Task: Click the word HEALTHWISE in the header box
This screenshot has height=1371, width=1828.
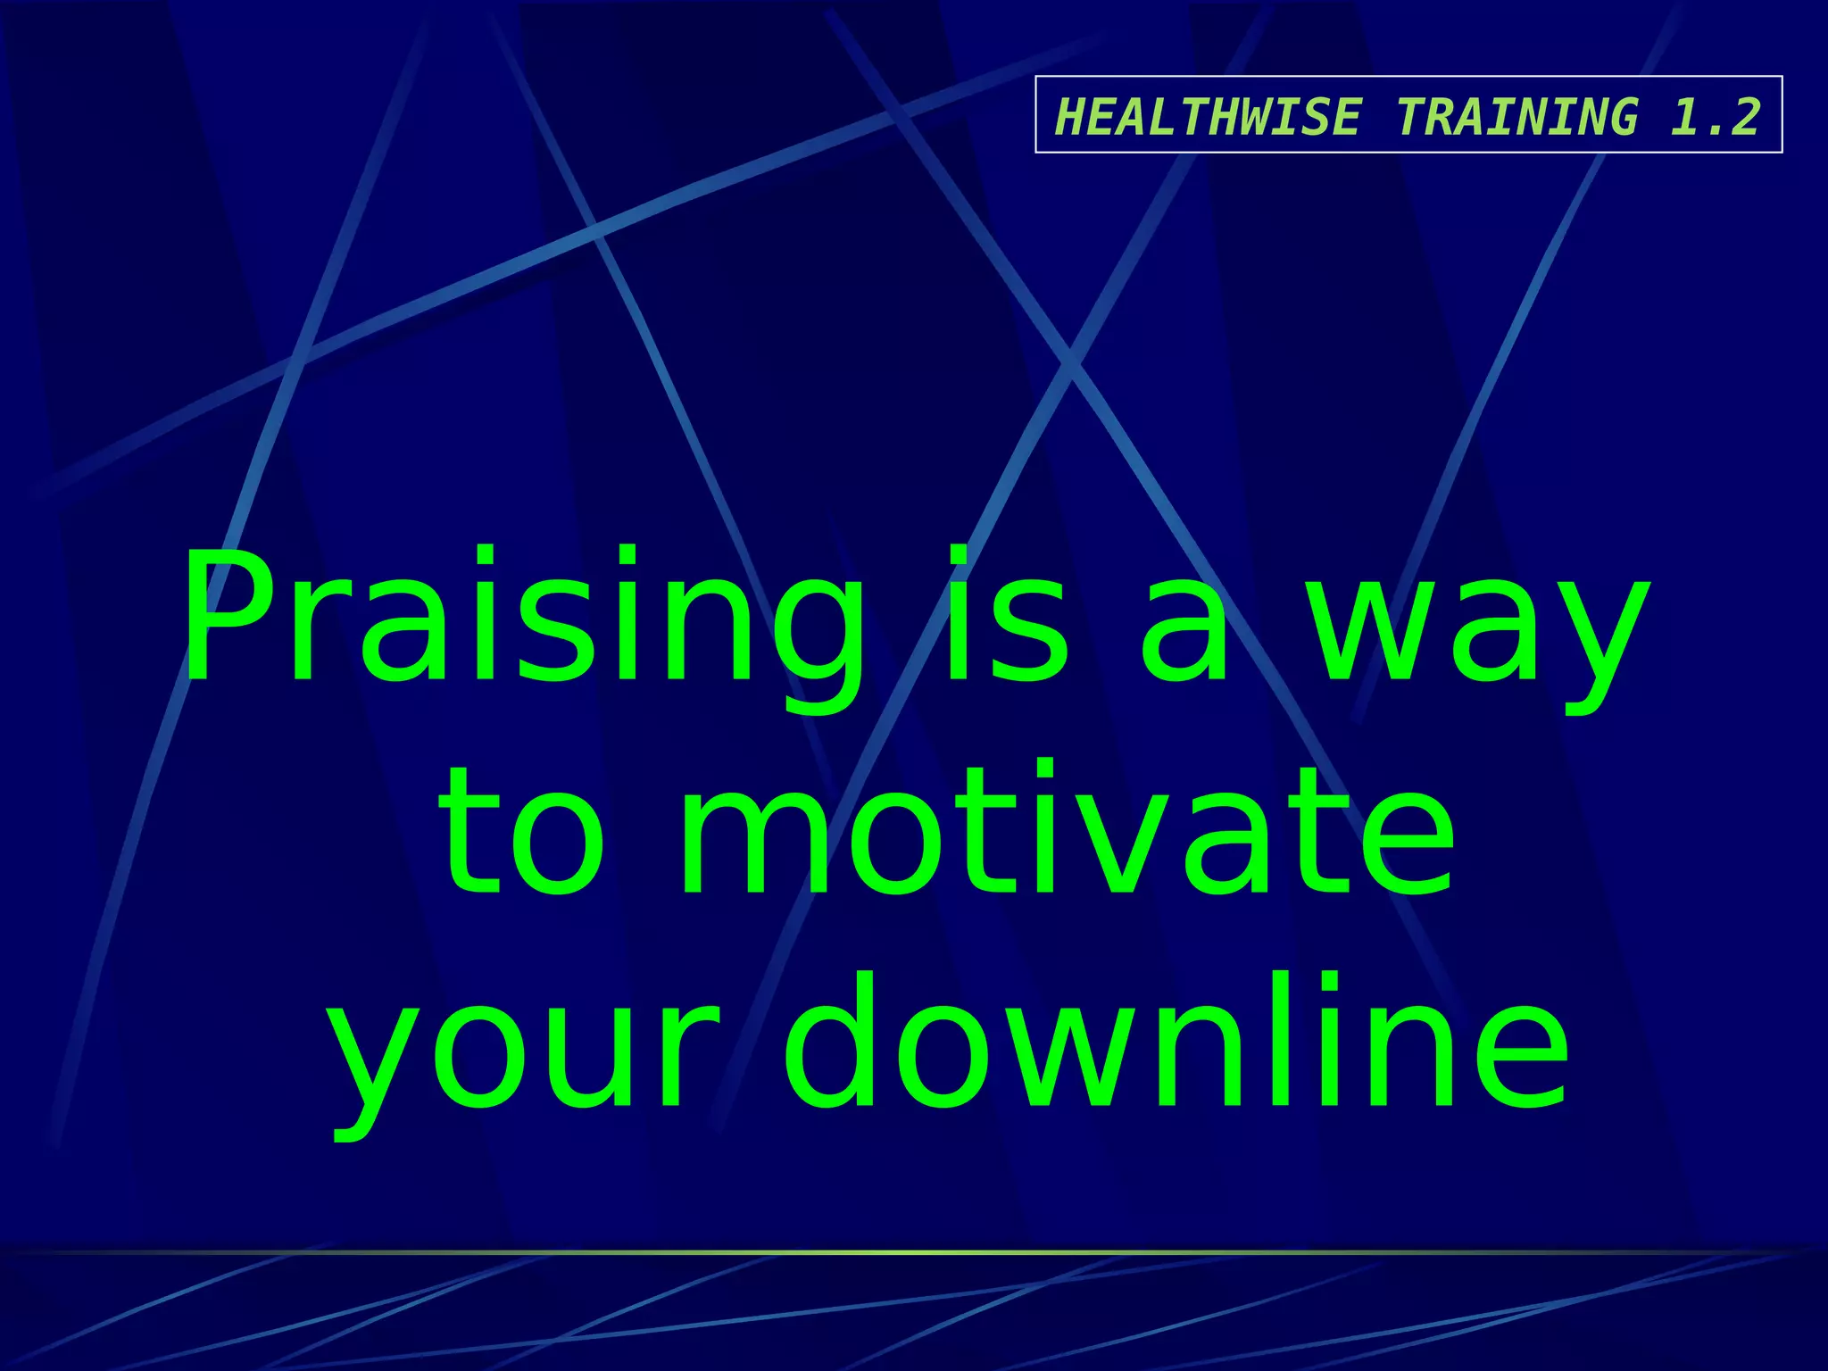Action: pyautogui.click(x=1208, y=117)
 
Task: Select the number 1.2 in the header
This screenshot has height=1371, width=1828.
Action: pyautogui.click(x=1715, y=117)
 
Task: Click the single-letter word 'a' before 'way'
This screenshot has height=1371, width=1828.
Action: pyautogui.click(x=1185, y=629)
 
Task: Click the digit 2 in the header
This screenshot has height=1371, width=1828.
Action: pyautogui.click(x=1742, y=117)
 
